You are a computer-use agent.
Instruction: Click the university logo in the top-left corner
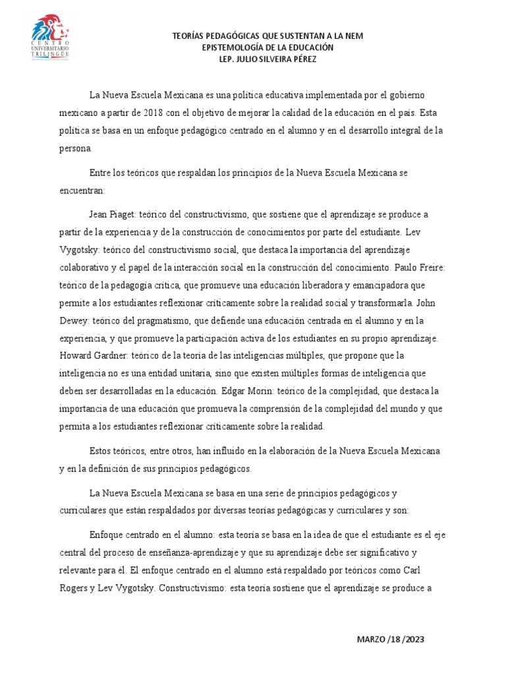coord(53,38)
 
